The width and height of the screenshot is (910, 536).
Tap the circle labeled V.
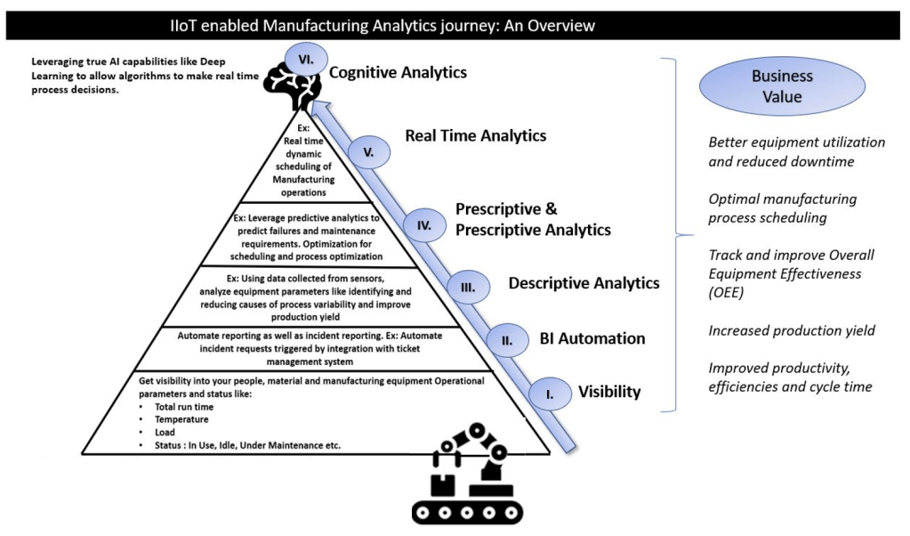[x=367, y=152]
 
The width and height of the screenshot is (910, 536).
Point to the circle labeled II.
[x=508, y=338]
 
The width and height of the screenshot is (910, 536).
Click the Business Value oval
[x=782, y=86]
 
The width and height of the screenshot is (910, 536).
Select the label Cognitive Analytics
[x=398, y=73]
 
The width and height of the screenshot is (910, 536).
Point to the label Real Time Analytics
[x=475, y=135]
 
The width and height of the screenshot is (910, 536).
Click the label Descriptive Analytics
[x=584, y=284]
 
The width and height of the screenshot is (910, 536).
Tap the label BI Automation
[x=592, y=338]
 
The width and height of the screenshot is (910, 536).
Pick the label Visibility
[x=609, y=392]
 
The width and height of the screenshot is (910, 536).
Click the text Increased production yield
[x=792, y=330]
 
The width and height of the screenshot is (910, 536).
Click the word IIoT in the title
[x=189, y=27]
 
